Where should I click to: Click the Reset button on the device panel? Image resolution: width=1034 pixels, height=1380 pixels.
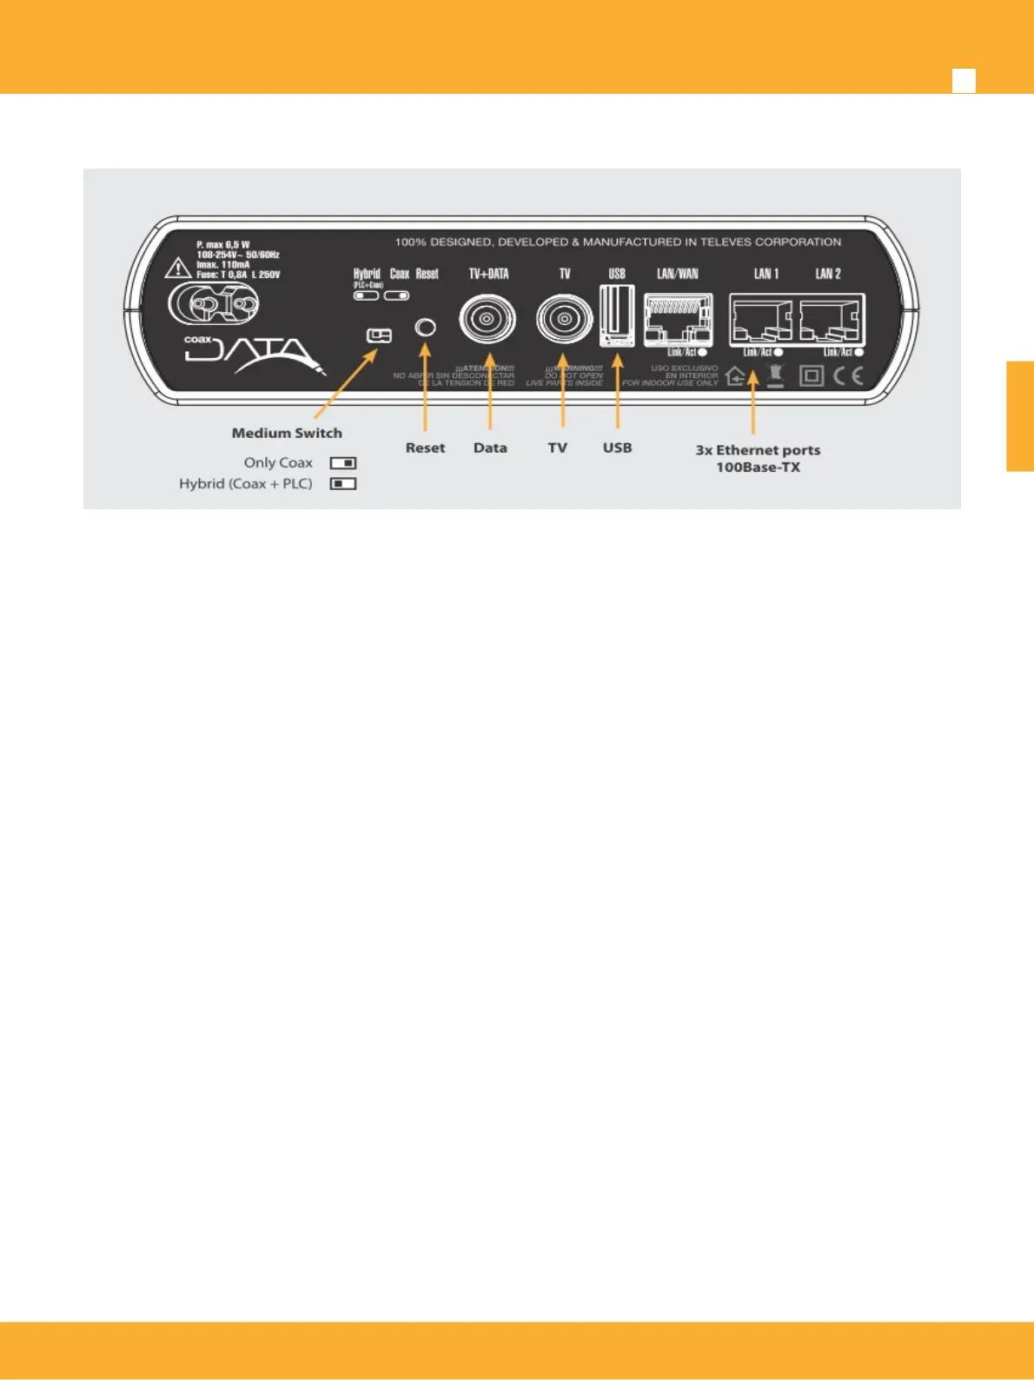tap(425, 328)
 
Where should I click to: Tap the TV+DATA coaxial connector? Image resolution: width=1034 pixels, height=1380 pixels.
tap(487, 319)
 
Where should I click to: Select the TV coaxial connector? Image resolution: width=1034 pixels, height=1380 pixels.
tap(564, 319)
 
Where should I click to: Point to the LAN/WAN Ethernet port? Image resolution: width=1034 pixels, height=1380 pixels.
tap(678, 319)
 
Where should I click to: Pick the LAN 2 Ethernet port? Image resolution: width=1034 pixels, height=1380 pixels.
tap(831, 321)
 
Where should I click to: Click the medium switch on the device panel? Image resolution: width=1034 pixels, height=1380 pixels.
tap(379, 335)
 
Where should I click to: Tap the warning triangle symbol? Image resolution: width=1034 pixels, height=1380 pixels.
tap(178, 268)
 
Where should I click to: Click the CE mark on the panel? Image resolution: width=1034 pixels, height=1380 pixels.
tap(848, 375)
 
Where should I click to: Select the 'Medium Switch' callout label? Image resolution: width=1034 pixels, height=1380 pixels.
tap(287, 433)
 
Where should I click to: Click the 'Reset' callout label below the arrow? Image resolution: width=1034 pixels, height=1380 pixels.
tap(425, 448)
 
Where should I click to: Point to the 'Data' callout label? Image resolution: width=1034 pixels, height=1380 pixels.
tap(490, 448)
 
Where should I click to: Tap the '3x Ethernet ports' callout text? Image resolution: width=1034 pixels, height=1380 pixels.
tap(758, 450)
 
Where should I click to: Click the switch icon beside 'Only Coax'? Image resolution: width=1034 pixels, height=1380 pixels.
tap(343, 463)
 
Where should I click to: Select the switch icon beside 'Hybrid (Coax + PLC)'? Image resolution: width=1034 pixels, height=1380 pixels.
tap(343, 484)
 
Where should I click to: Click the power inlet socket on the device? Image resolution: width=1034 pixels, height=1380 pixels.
tap(214, 305)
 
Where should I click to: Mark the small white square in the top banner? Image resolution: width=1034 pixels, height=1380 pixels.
tap(964, 81)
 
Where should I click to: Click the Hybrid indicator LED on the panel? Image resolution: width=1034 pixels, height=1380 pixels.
tap(366, 295)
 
